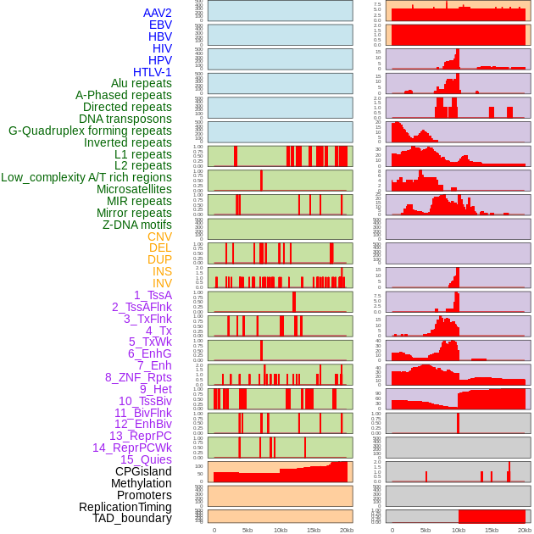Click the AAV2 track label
click(x=157, y=13)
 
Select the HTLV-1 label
click(x=152, y=72)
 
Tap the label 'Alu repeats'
click(x=141, y=83)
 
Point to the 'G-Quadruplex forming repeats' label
click(x=90, y=131)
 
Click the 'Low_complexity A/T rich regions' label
click(x=86, y=177)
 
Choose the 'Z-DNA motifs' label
click(x=136, y=225)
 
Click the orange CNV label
click(x=159, y=236)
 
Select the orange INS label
click(x=161, y=271)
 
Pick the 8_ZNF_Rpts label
click(x=138, y=377)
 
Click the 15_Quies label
click(x=146, y=459)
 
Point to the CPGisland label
click(x=143, y=471)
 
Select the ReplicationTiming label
click(x=125, y=507)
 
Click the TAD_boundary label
click(x=131, y=518)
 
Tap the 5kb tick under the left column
click(x=248, y=530)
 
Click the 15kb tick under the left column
click(x=314, y=530)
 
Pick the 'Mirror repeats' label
click(x=134, y=213)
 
